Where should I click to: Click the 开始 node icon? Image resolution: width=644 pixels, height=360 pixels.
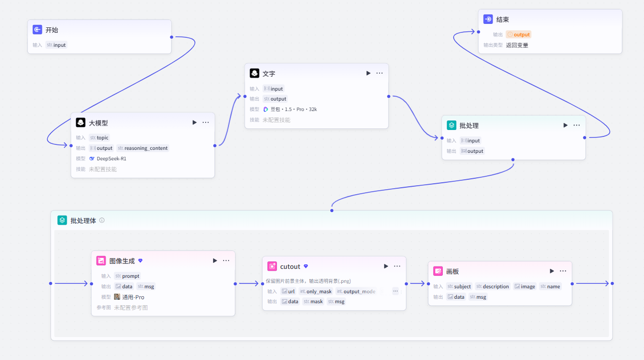[37, 29]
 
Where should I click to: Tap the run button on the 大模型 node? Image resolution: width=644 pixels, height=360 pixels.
[195, 122]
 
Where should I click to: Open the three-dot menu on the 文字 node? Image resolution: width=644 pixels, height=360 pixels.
[380, 73]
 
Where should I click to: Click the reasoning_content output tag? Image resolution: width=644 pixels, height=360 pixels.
[142, 148]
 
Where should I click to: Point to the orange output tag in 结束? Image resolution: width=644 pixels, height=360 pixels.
[518, 34]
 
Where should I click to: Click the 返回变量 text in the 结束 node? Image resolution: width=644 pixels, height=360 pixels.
[517, 45]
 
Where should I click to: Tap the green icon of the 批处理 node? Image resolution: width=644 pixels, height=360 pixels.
[451, 125]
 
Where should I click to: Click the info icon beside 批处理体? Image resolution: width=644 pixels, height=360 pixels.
[102, 221]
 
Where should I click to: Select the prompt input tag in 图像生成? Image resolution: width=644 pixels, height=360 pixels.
[128, 276]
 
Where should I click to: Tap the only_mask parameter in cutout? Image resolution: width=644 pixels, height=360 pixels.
[316, 291]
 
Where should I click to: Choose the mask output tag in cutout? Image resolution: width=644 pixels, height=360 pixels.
[313, 301]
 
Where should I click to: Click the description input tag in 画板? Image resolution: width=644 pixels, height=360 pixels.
[493, 286]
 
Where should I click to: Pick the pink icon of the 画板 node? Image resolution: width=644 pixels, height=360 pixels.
[438, 271]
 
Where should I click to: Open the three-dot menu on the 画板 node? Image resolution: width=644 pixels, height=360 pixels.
[563, 271]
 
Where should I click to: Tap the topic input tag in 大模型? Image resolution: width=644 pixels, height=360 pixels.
[99, 137]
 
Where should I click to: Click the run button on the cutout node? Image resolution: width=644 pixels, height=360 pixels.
[386, 266]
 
